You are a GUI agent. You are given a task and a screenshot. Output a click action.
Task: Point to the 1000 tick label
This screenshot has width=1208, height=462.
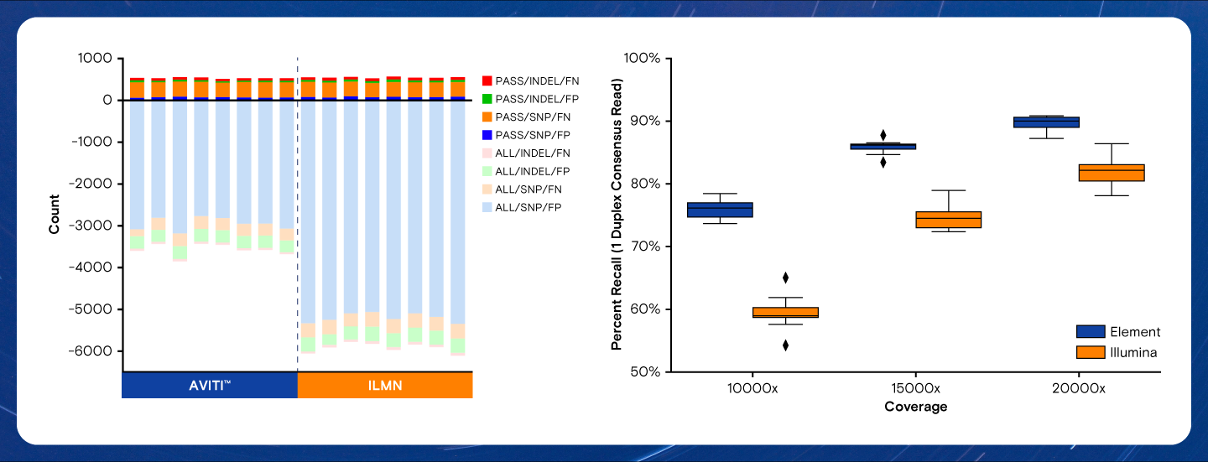tap(96, 59)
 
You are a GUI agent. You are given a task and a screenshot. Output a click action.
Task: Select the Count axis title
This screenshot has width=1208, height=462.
tap(55, 215)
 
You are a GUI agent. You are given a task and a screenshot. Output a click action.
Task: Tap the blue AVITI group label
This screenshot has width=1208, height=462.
tap(210, 385)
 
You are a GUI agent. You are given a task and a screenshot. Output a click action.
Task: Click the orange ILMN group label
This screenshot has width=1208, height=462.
tap(385, 385)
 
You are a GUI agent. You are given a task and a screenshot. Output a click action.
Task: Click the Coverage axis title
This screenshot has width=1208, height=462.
tap(915, 407)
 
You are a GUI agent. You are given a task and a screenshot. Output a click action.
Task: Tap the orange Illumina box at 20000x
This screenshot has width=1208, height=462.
tap(1112, 173)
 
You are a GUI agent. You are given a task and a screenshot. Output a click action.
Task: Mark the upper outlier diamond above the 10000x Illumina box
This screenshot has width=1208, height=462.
tap(785, 278)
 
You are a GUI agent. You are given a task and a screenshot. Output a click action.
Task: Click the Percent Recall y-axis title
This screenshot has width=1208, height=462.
tap(617, 214)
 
